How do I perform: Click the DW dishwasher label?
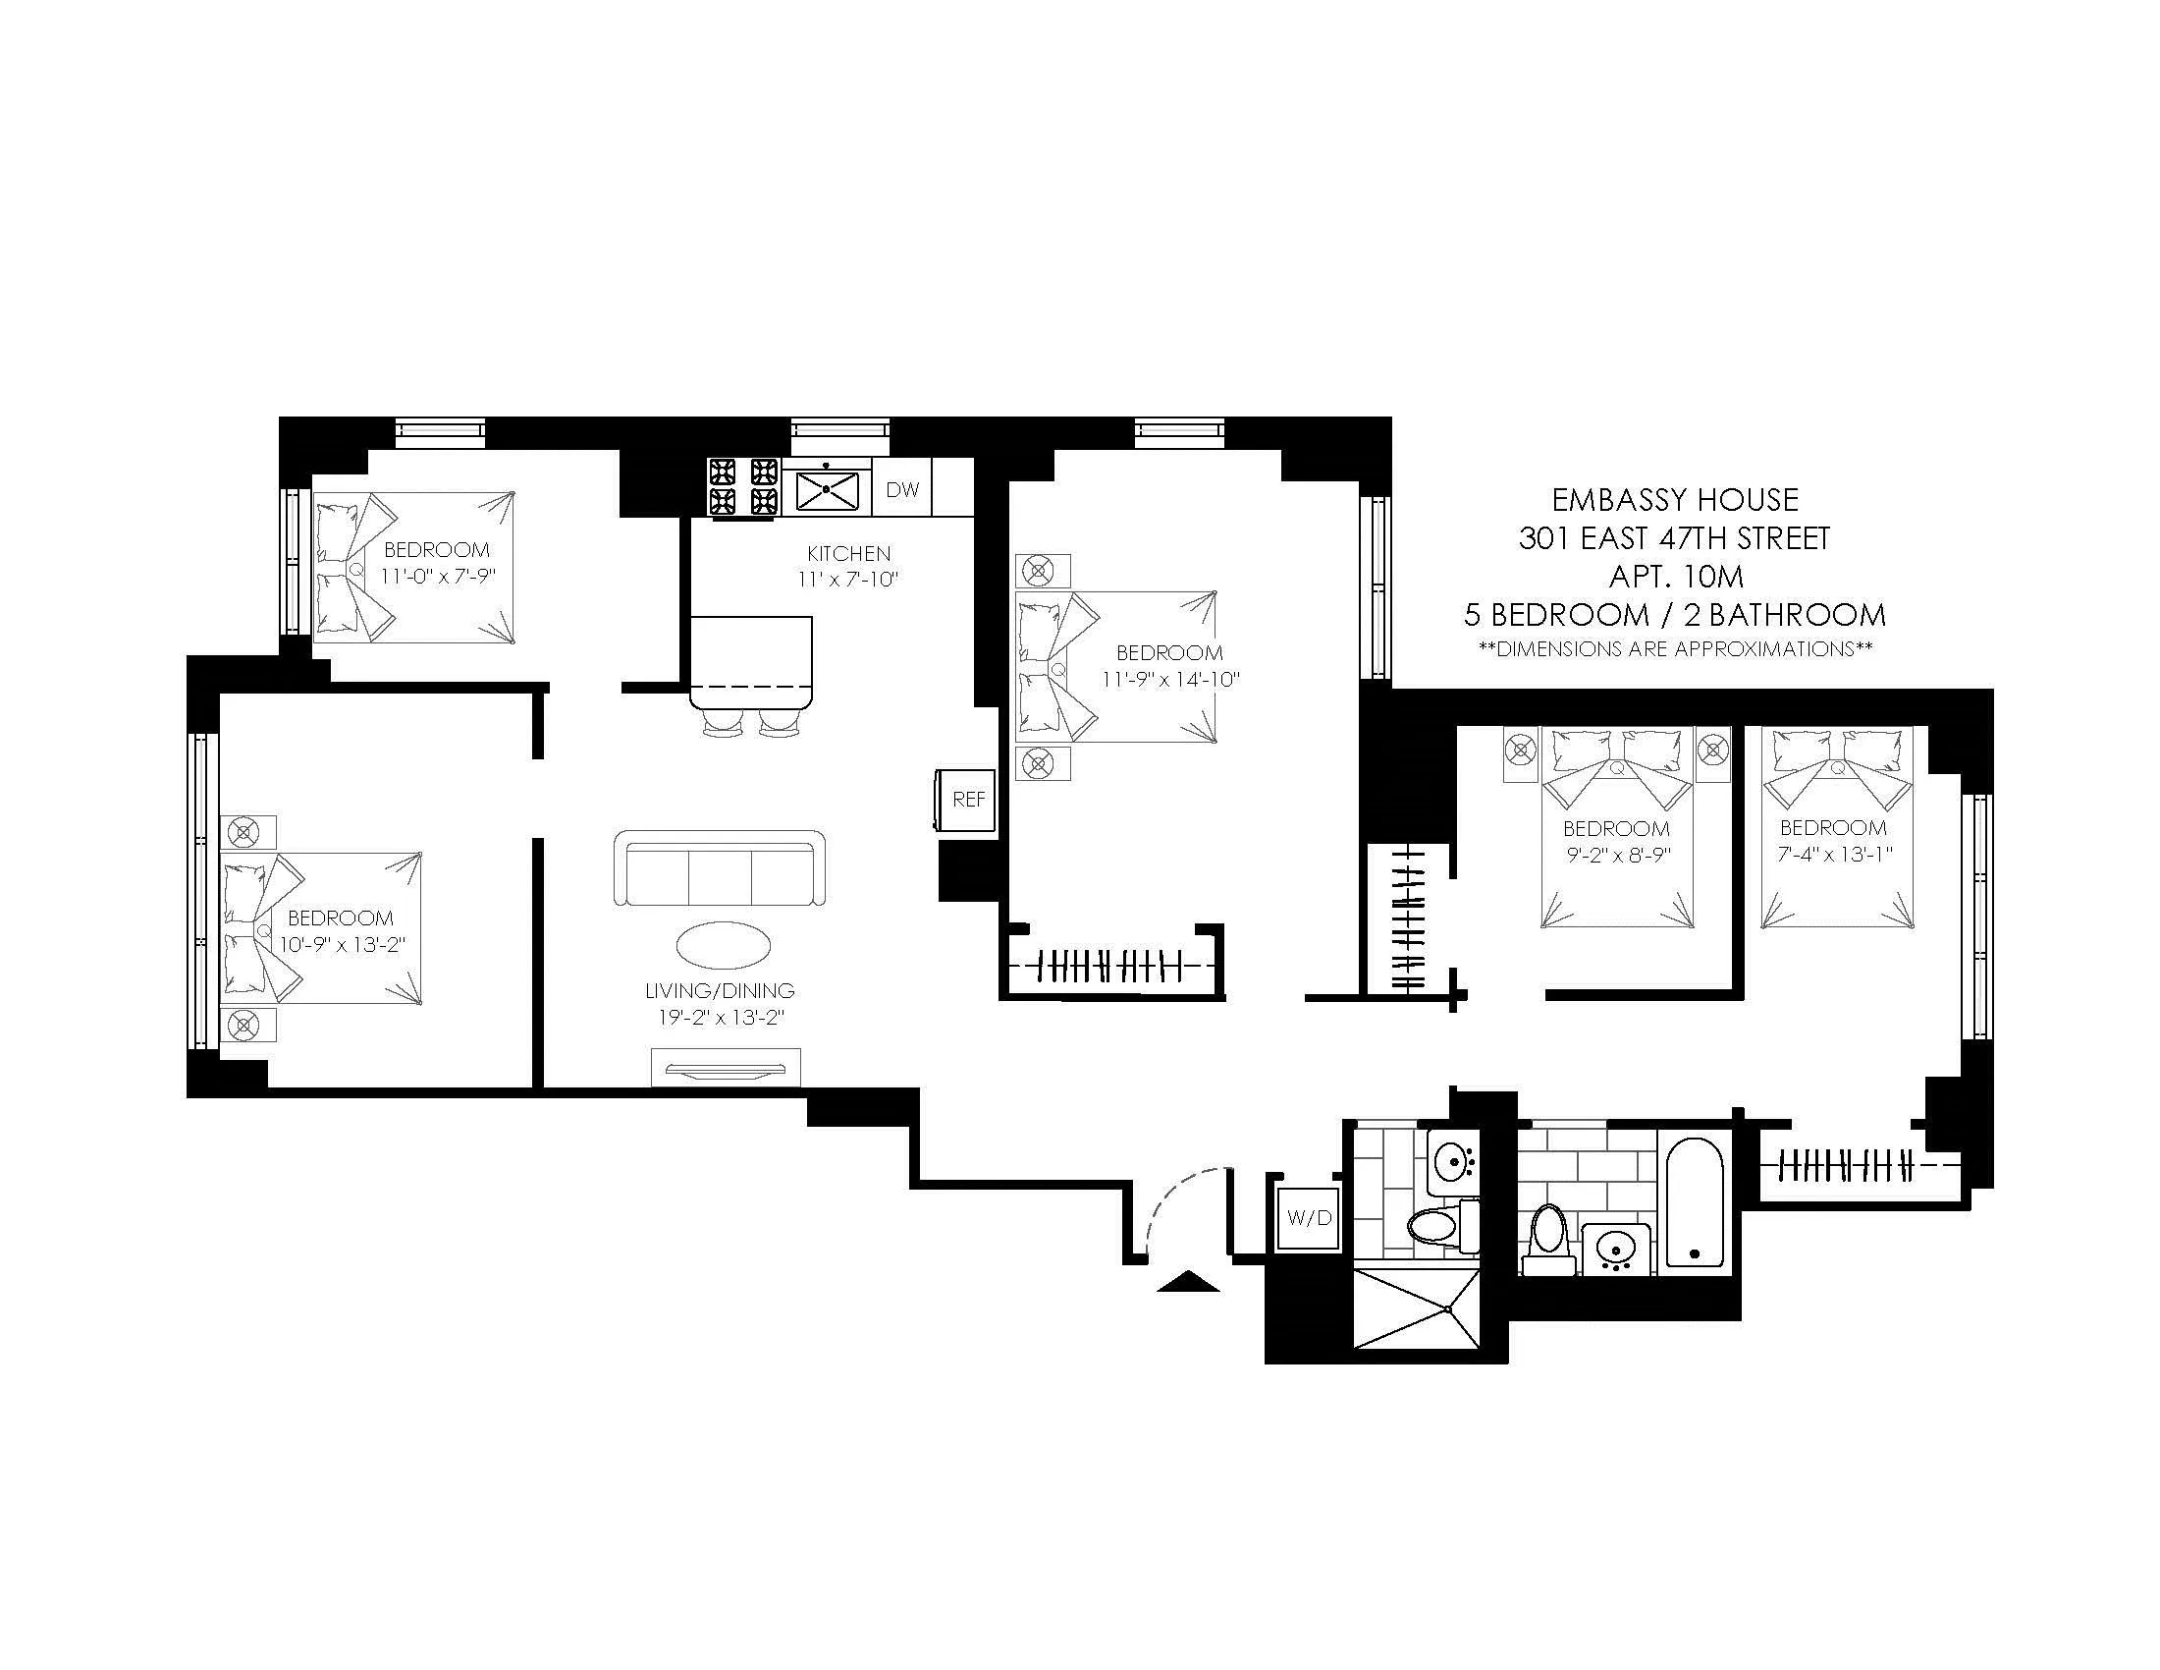(902, 490)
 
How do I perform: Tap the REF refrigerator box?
(968, 800)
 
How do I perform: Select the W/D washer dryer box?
(1309, 1218)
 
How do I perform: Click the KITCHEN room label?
(848, 553)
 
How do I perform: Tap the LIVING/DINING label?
(719, 990)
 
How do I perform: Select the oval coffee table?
(724, 945)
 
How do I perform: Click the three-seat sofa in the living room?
(719, 868)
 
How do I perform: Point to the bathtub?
(1695, 1202)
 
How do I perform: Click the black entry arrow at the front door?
(1188, 1283)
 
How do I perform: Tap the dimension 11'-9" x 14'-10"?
(1171, 680)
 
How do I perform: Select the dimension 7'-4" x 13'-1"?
(1834, 855)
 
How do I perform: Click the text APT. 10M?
(1675, 576)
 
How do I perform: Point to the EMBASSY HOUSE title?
(1674, 499)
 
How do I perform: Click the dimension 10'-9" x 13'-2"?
(343, 945)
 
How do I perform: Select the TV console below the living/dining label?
(725, 1068)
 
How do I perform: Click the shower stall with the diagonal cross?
(1416, 1308)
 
